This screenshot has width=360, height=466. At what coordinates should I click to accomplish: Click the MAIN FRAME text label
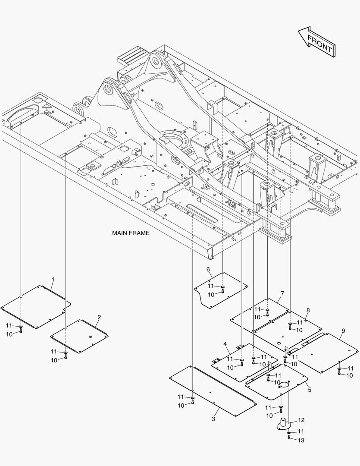coord(131,233)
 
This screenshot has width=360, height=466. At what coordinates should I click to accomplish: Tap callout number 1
coord(53,280)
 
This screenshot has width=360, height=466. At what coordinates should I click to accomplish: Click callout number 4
coord(225,344)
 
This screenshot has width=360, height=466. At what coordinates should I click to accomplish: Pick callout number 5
coord(309,389)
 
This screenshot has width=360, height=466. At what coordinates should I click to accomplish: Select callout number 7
coord(282,293)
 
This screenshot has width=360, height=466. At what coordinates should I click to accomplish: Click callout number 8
coord(308,310)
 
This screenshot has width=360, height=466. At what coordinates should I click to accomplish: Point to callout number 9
coord(343,331)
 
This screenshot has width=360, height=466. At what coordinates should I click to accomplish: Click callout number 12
coord(301,420)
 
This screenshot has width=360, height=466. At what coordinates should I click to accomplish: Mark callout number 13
coord(301,440)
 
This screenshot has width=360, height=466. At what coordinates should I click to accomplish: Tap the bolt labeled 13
coord(288,438)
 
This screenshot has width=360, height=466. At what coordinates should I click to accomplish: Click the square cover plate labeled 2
coord(79,336)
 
